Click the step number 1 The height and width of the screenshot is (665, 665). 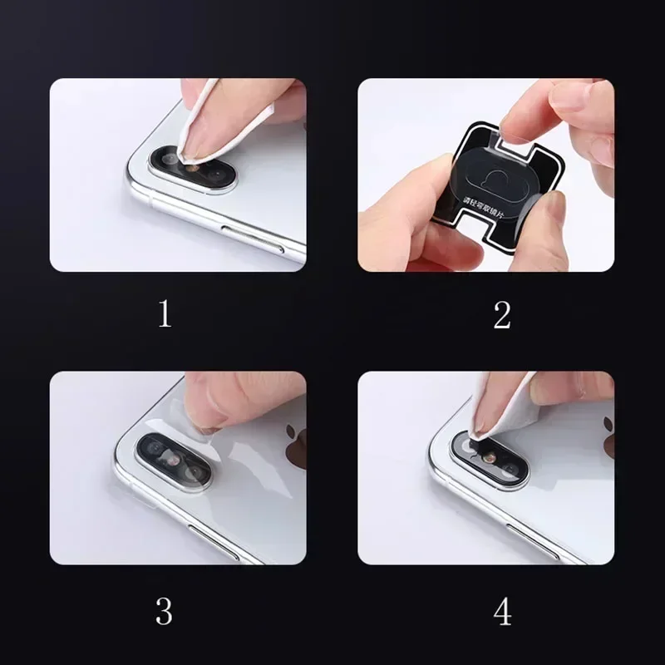pyautogui.click(x=165, y=314)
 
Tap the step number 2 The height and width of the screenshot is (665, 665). pyautogui.click(x=501, y=314)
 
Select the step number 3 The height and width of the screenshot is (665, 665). pyautogui.click(x=165, y=612)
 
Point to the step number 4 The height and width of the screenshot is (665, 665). pyautogui.click(x=501, y=612)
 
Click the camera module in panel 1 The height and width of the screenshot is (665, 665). pyautogui.click(x=193, y=167)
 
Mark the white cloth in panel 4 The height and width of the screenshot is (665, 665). pyautogui.click(x=499, y=407)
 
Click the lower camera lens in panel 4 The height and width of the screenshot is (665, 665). pyautogui.click(x=507, y=470)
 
